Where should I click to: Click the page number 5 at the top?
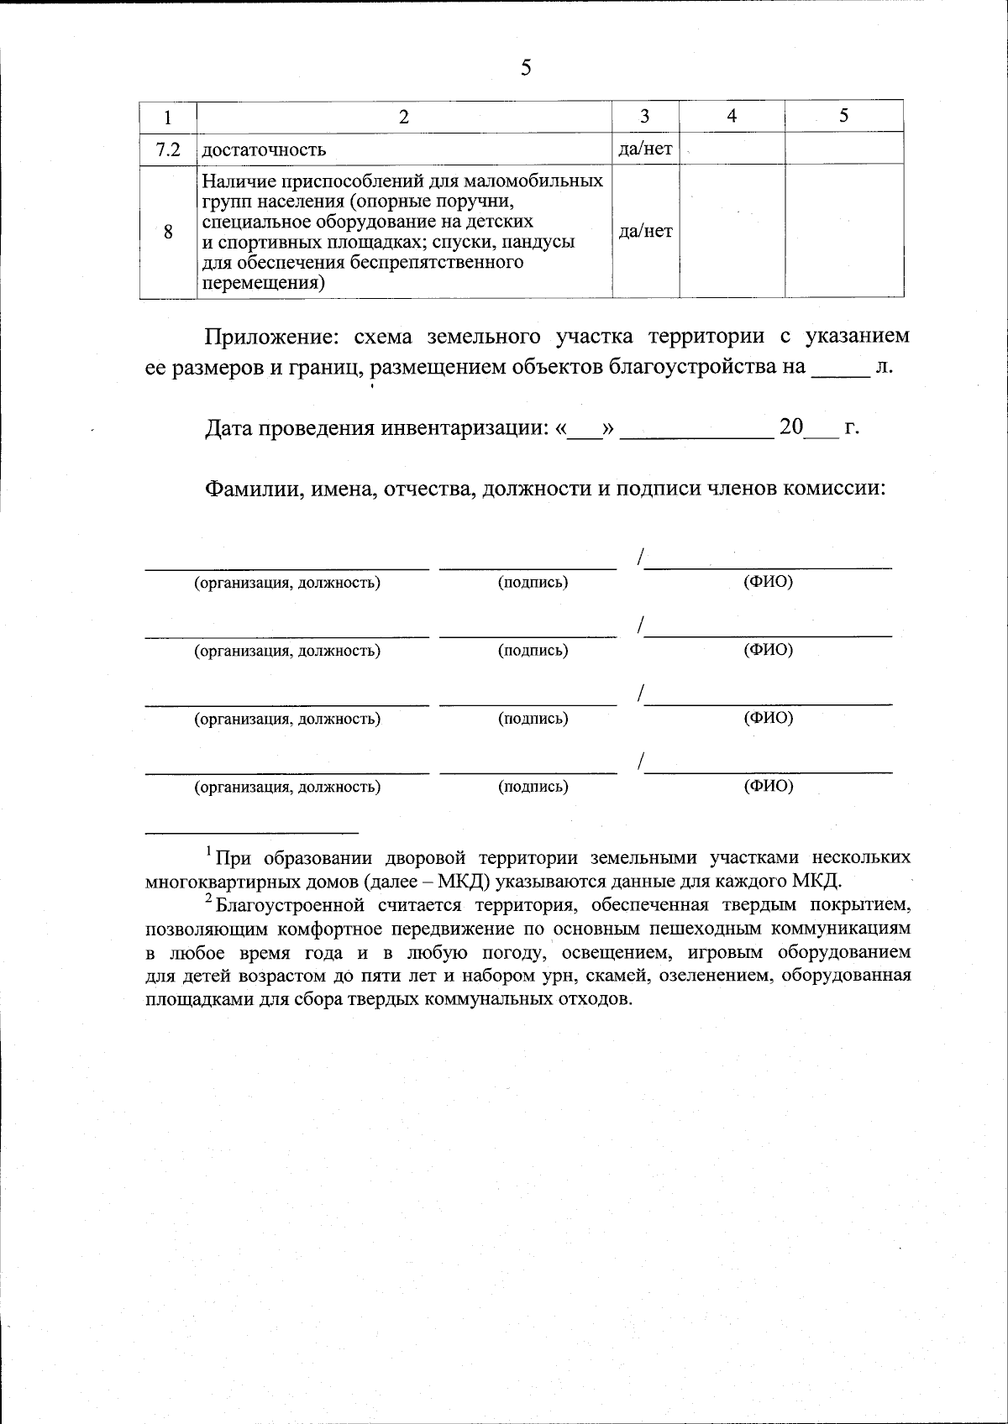pos(526,68)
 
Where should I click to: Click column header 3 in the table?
pos(645,116)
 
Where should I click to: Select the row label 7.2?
pos(168,149)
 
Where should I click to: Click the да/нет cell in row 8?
pos(645,231)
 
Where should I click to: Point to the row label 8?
pos(168,232)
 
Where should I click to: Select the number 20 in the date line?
pos(791,427)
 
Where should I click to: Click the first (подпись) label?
pos(533,582)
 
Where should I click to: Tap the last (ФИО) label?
pos(768,786)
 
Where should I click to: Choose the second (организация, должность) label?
pos(287,650)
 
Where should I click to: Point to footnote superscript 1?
pos(209,852)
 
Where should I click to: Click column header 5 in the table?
pos(843,116)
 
